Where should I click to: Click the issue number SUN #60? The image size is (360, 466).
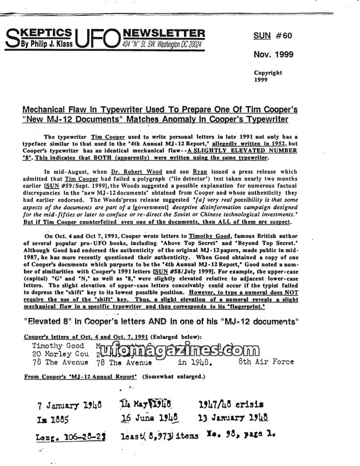pyautogui.click(x=273, y=36)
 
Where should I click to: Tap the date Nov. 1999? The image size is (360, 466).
pyautogui.click(x=273, y=54)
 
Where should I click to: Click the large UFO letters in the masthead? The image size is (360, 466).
pyautogui.click(x=97, y=40)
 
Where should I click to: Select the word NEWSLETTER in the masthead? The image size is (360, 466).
pyautogui.click(x=163, y=33)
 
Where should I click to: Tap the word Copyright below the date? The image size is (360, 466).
pyautogui.click(x=268, y=72)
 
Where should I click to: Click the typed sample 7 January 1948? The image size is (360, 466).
pyautogui.click(x=70, y=405)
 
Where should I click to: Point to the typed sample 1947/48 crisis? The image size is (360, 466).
pyautogui.click(x=231, y=404)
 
